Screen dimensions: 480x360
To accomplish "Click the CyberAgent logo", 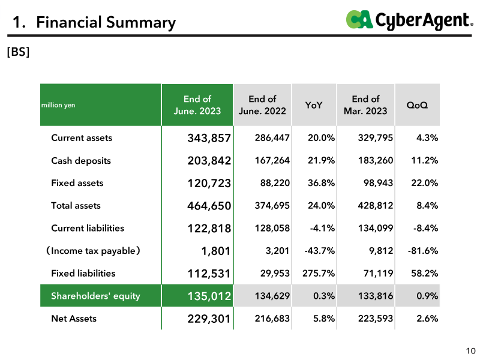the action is click(x=410, y=20).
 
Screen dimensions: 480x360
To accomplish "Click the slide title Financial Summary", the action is click(x=94, y=22).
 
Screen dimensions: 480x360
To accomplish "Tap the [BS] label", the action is click(x=19, y=52).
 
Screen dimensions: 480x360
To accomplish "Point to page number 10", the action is click(x=471, y=351).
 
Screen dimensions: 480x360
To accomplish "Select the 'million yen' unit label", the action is click(x=58, y=105).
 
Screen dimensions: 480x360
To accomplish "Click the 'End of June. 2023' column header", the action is click(x=197, y=104).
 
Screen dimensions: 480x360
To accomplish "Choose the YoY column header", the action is click(x=314, y=105).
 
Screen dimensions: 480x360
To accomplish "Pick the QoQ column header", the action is click(x=417, y=105).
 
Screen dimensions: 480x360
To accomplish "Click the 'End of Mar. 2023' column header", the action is click(x=365, y=104).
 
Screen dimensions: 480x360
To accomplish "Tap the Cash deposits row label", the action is click(x=81, y=161).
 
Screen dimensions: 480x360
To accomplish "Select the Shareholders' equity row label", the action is click(x=95, y=296).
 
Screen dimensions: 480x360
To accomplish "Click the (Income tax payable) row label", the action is click(x=93, y=251).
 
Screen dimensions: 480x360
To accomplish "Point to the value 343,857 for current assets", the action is click(x=209, y=138).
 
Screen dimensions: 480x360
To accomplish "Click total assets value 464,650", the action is click(x=209, y=206).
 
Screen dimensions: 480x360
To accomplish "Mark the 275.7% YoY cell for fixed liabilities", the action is click(x=319, y=273).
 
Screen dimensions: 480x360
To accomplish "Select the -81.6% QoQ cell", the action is click(x=423, y=251).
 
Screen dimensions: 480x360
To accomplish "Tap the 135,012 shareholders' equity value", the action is click(x=209, y=296).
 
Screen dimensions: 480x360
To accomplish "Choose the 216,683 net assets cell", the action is click(x=272, y=319).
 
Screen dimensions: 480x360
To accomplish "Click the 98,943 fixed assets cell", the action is click(x=378, y=183).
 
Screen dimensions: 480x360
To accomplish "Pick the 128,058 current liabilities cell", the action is click(x=272, y=228).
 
